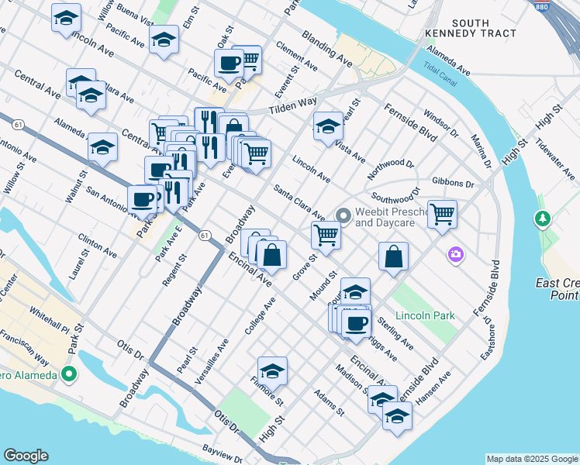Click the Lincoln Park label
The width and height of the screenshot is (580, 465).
click(424, 316)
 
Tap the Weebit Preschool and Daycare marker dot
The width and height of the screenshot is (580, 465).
click(343, 215)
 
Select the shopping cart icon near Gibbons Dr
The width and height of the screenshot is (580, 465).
click(442, 213)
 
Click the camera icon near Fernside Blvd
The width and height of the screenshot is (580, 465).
click(455, 254)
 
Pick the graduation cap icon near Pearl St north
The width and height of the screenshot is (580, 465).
click(328, 126)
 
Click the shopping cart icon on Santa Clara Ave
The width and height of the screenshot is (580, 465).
click(326, 235)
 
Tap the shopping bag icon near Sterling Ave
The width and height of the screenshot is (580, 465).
click(394, 257)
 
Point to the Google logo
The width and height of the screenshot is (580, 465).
click(26, 456)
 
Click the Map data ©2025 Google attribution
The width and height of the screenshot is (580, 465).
click(532, 459)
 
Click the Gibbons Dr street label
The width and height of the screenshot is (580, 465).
click(454, 183)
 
